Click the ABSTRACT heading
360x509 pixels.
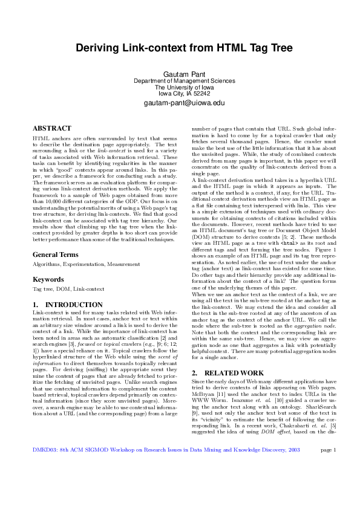[51, 128]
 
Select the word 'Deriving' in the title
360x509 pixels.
[98, 48]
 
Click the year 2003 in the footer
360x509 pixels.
[293, 484]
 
